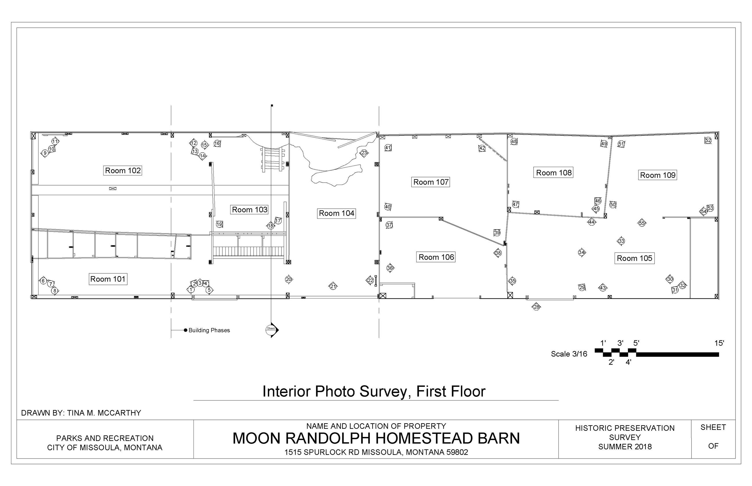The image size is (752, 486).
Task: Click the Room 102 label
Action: click(123, 170)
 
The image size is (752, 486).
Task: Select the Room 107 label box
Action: click(430, 182)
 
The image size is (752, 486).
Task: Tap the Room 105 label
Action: click(634, 258)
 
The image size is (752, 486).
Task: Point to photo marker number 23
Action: click(364, 153)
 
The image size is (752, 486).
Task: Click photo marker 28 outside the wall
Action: click(536, 307)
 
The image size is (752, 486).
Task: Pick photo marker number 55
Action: click(642, 223)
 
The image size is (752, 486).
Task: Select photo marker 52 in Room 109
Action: click(708, 140)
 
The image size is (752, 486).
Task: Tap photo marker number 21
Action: click(333, 286)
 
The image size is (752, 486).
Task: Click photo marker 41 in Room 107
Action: click(388, 147)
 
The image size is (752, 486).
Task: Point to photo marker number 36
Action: click(390, 268)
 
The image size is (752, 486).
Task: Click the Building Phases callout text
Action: click(209, 330)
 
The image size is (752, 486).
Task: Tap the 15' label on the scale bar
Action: click(719, 343)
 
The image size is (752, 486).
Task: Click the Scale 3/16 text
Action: click(569, 354)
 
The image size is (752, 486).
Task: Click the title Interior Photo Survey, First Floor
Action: click(374, 391)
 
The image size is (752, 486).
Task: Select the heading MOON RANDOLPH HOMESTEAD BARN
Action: click(376, 438)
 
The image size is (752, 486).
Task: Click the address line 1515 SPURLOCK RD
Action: click(376, 452)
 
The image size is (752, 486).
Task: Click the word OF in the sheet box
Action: click(713, 446)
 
